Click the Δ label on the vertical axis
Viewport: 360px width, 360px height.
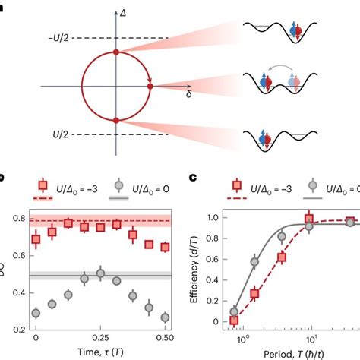[122, 14]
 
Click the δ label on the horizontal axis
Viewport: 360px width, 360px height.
[187, 94]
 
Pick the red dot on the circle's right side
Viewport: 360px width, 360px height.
[150, 86]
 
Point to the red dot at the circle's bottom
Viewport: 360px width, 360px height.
[115, 120]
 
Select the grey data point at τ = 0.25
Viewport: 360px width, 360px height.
[100, 273]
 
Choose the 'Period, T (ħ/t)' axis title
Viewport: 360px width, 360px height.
[292, 352]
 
